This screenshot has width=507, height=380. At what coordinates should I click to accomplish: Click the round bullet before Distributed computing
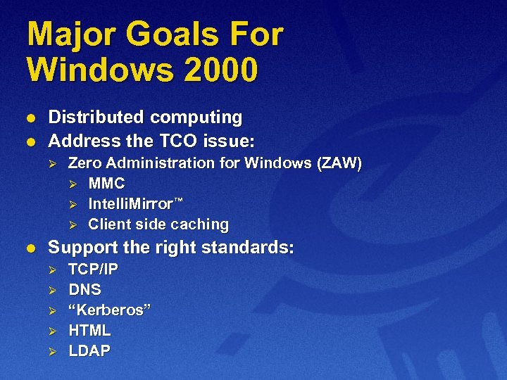pos(30,118)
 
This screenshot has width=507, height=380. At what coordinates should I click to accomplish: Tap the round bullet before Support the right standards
pos(30,248)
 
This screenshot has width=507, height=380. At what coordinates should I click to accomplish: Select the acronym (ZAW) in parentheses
pos(339,164)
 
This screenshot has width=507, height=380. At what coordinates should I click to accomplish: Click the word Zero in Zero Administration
pos(83,164)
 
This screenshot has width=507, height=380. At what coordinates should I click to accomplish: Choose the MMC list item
pos(106,184)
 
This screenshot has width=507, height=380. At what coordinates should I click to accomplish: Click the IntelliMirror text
pos(130,205)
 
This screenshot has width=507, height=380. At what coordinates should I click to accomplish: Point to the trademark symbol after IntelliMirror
pos(179,201)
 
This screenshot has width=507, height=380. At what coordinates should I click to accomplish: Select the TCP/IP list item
pos(93,270)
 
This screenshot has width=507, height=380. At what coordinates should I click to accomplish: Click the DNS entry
pos(84,290)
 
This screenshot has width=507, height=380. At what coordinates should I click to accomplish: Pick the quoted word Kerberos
pos(109,310)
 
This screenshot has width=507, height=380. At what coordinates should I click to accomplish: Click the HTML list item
pos(89,331)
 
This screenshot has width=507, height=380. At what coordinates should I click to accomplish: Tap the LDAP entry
pos(89,351)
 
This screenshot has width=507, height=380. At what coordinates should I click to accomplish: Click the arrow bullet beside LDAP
pos(50,351)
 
